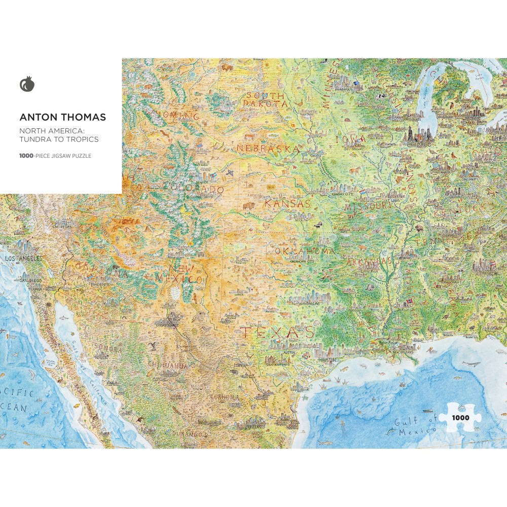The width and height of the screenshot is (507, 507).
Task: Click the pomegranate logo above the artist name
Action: (x=27, y=84)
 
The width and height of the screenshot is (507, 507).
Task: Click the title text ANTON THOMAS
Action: (x=63, y=117)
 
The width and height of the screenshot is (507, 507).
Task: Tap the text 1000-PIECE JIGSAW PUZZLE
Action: (x=55, y=156)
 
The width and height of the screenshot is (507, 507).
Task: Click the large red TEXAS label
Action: (x=277, y=333)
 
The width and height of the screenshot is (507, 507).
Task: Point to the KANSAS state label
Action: (x=287, y=203)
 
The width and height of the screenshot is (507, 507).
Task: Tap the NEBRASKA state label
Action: (x=268, y=149)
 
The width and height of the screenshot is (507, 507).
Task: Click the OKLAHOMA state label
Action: (x=305, y=251)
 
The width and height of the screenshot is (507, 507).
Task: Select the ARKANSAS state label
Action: (x=369, y=262)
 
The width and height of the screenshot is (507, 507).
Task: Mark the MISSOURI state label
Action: (x=369, y=207)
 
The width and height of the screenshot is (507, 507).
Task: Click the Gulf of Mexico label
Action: (x=416, y=425)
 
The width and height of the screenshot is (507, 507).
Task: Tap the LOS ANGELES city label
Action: (x=23, y=259)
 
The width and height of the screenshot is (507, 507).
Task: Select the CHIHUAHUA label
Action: (x=168, y=365)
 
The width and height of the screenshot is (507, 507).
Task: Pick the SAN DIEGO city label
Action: (x=31, y=280)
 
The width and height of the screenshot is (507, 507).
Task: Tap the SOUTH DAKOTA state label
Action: (x=265, y=99)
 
